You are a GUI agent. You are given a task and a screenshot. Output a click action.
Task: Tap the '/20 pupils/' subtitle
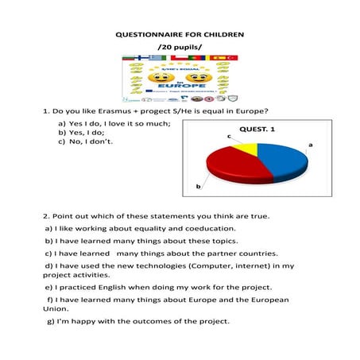tap(180, 48)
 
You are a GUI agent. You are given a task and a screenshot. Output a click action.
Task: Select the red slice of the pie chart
tap(234, 167)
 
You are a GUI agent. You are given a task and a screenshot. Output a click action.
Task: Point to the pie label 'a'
tap(310, 145)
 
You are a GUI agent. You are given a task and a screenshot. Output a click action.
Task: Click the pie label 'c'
tap(229, 137)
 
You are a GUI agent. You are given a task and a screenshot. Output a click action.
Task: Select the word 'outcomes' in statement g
tap(152, 321)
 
